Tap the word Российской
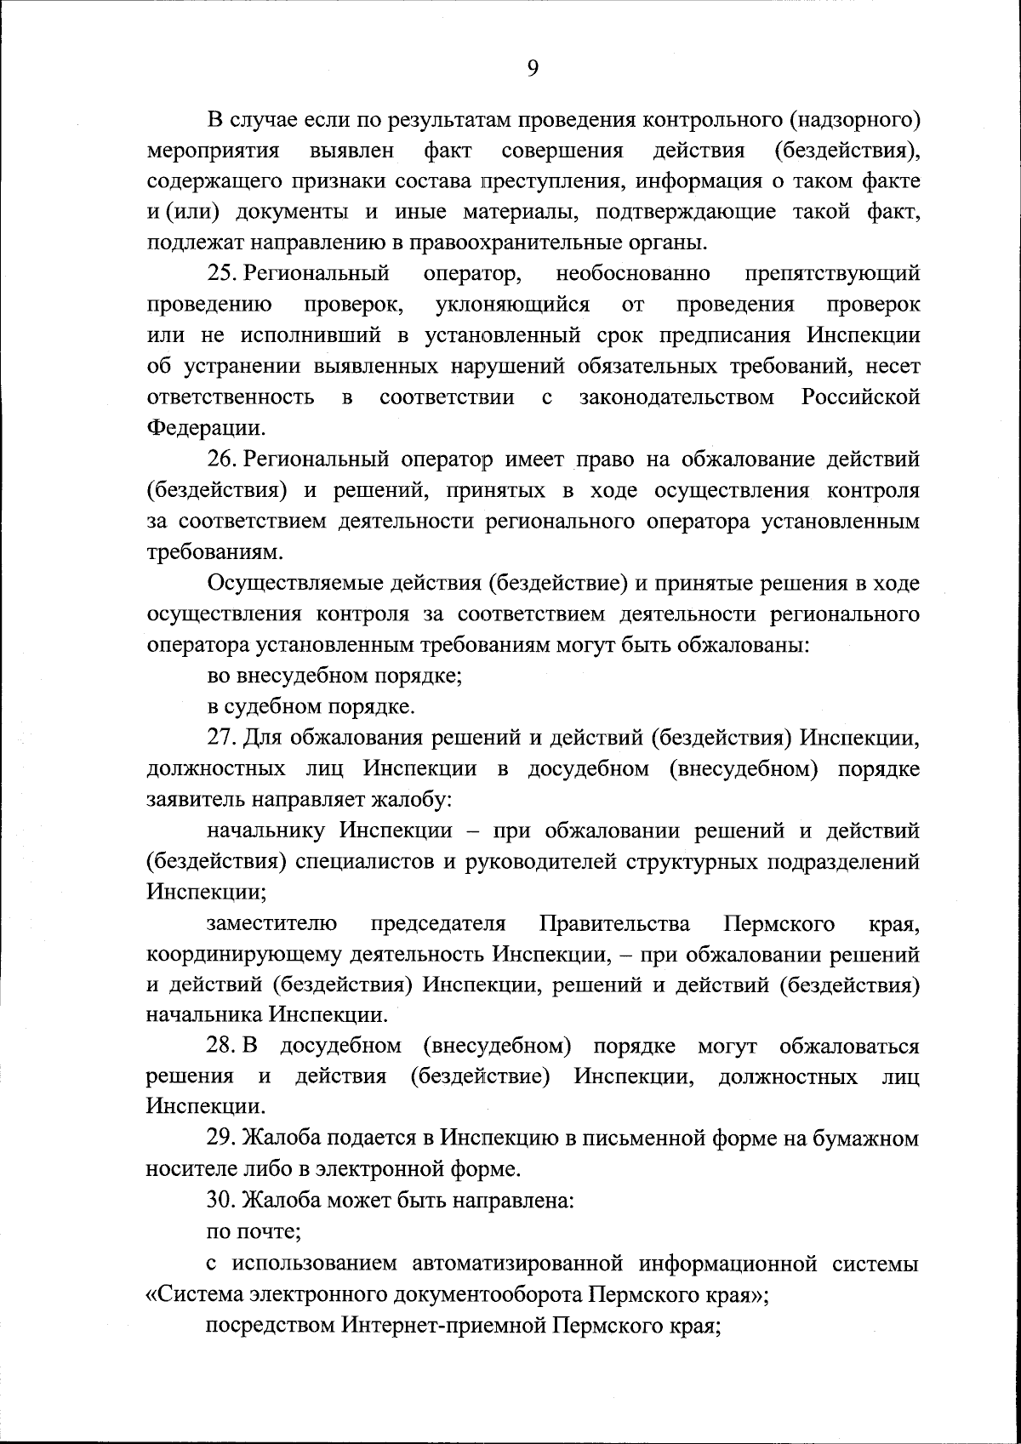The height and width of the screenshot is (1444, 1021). pyautogui.click(x=860, y=397)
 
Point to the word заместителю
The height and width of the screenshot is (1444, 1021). pyautogui.click(x=271, y=923)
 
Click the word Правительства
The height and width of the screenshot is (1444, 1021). pyautogui.click(x=614, y=923)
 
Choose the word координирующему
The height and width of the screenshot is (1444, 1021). pyautogui.click(x=245, y=954)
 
